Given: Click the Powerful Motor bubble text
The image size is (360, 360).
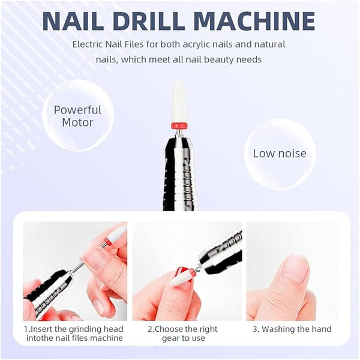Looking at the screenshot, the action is point(77,116).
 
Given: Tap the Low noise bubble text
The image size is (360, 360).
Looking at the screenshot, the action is point(280,154).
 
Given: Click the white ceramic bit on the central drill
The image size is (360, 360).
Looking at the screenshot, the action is point(180,101).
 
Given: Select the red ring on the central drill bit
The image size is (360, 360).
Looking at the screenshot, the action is point(180,126).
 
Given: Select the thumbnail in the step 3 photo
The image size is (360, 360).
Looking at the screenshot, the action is point(295,269).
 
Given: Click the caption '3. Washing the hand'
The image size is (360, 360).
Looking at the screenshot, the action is point(292,329).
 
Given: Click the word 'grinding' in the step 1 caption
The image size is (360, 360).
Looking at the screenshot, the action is point(85,329).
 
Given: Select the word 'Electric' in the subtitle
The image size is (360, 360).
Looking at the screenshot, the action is point(88,44).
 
